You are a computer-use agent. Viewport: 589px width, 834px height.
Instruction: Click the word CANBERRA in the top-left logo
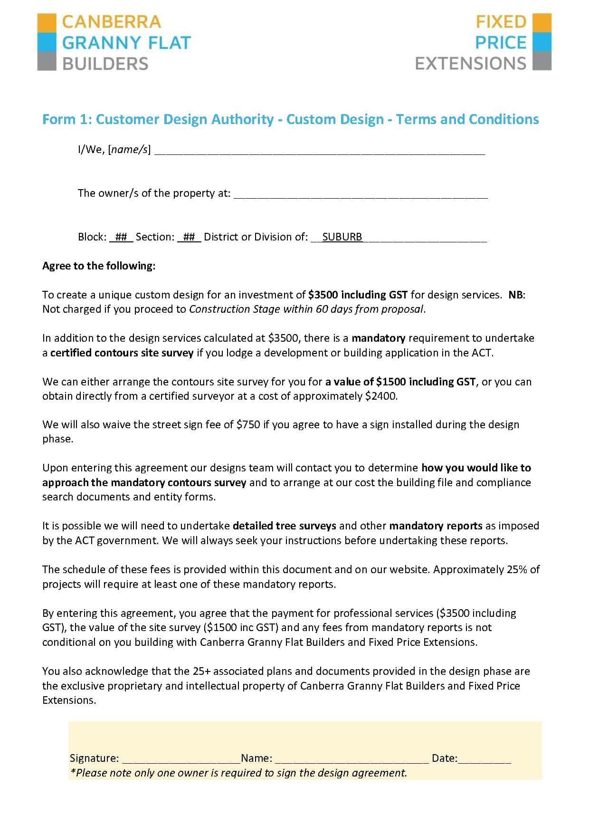click(x=112, y=22)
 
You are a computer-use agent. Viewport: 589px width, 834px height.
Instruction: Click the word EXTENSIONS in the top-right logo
click(x=470, y=63)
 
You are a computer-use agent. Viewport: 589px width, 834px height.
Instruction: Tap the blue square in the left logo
click(x=47, y=42)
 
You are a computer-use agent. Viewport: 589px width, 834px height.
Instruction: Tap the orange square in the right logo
click(x=542, y=22)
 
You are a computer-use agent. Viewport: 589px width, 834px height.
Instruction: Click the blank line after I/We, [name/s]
click(x=320, y=152)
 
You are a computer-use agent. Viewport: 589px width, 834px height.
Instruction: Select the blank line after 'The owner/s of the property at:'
click(x=361, y=195)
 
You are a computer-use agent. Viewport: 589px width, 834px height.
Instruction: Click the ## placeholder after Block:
click(x=121, y=237)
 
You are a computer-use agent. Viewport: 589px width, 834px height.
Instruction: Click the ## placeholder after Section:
click(x=189, y=237)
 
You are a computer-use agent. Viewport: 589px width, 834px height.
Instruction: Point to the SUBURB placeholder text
click(x=342, y=237)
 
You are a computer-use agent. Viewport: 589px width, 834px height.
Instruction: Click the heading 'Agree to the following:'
click(x=99, y=266)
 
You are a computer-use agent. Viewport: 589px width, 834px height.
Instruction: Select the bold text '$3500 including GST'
click(x=358, y=295)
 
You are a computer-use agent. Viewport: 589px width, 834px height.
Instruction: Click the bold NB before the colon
click(x=515, y=295)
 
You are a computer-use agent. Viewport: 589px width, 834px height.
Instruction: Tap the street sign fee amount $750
click(x=248, y=424)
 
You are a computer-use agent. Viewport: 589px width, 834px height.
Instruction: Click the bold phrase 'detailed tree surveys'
click(x=284, y=526)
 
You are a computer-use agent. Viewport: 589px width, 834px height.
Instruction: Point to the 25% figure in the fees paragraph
click(x=517, y=569)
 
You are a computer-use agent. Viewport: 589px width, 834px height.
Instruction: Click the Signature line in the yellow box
click(x=180, y=759)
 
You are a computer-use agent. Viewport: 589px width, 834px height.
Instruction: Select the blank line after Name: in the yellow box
click(x=351, y=759)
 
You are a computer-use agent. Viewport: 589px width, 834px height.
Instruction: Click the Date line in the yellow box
click(x=484, y=759)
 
